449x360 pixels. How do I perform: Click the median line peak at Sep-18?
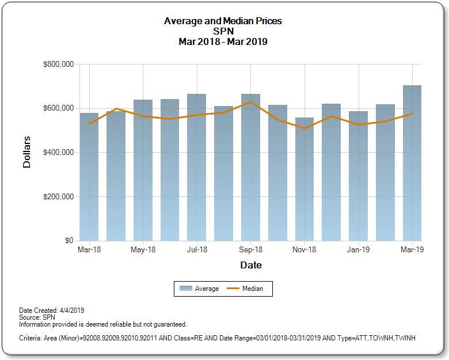click(250, 102)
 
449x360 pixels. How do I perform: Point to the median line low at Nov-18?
click(305, 128)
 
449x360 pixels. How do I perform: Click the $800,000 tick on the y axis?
click(58, 64)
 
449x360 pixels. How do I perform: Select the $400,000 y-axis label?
click(58, 153)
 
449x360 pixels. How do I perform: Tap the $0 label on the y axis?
click(69, 241)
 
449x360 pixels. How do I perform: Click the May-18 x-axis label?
click(143, 250)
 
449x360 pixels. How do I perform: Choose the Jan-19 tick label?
click(358, 250)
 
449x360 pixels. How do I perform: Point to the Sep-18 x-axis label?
click(250, 250)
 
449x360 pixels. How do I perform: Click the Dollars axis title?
click(26, 152)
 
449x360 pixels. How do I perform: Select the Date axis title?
click(250, 266)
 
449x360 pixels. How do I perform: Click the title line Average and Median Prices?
click(223, 21)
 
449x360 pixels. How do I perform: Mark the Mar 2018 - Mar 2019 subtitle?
click(223, 41)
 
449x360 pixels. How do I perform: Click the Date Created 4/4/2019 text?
click(52, 310)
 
